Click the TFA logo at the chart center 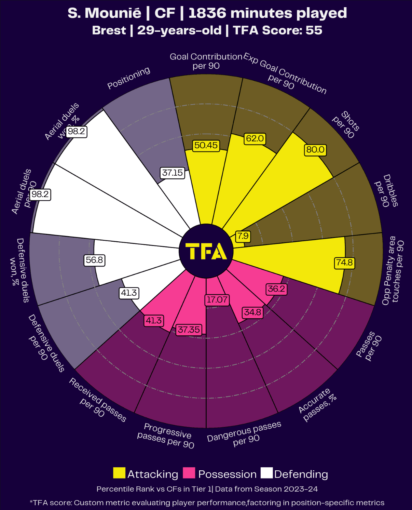tap(206, 251)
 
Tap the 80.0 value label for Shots tap(315, 150)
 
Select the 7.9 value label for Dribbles tap(243, 236)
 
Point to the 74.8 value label tap(344, 263)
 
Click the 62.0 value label tap(255, 138)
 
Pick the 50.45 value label tap(206, 146)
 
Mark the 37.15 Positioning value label tap(173, 173)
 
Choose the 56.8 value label tap(94, 260)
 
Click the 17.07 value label tap(217, 300)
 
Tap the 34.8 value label tap(252, 312)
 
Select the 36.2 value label tap(276, 289)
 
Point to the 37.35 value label tap(189, 330)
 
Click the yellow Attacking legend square tap(119, 473)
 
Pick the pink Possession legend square tap(189, 473)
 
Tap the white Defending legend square tap(266, 473)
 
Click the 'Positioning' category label tap(129, 78)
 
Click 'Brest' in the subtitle tap(109, 30)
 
